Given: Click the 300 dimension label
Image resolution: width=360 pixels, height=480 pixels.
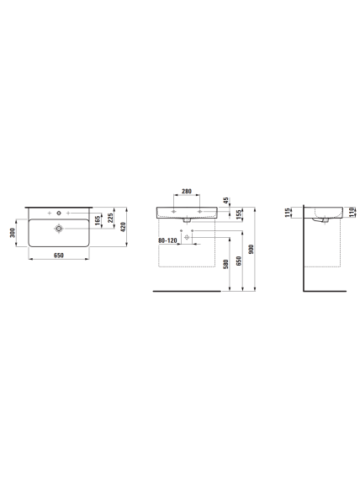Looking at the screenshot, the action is point(13,233).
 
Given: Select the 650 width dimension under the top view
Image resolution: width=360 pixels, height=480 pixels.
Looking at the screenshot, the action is point(59,256).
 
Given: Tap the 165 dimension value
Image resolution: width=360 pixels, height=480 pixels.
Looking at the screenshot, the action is point(98,221).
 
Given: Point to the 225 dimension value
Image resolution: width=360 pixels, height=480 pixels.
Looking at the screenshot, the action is point(110,218).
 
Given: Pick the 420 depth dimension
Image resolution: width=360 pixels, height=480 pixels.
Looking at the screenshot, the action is point(123,227).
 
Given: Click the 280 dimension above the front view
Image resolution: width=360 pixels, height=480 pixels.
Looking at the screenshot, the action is point(187,192).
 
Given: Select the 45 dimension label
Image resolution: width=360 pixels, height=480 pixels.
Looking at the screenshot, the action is point(226,201).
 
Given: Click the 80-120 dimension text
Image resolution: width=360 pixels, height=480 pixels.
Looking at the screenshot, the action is point(167,240).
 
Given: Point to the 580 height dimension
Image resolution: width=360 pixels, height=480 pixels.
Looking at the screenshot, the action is point(226,264).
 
